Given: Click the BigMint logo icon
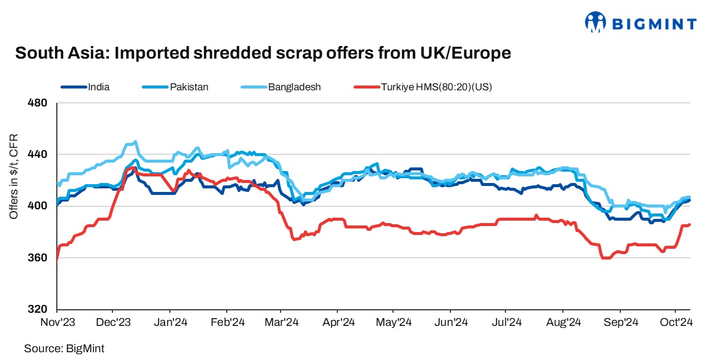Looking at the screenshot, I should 595,23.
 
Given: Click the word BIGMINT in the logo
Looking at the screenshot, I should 653,25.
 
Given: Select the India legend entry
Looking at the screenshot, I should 98,87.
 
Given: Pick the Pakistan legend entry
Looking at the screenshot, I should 188,87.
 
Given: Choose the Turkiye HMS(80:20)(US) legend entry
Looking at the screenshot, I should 436,87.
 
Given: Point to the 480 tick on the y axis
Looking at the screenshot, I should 38,103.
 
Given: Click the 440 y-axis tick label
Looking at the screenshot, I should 38,155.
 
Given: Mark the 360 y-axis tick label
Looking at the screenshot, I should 38,258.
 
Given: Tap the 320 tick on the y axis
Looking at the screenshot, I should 38,310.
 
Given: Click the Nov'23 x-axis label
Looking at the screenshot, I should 57,322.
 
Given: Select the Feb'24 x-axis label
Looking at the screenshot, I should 227,322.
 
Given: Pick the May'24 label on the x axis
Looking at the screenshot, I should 394,322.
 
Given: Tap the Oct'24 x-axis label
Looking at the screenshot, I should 676,322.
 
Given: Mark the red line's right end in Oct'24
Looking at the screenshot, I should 690,225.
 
